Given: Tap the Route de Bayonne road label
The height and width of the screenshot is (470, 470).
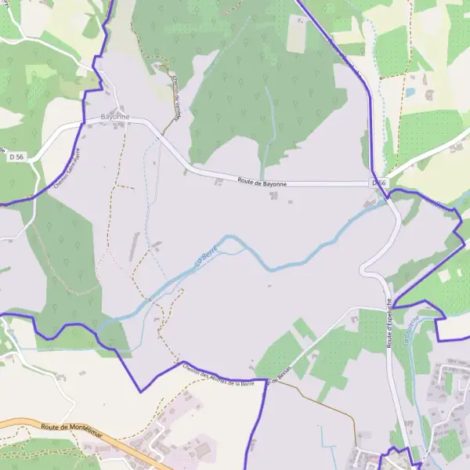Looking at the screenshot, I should click(x=262, y=183).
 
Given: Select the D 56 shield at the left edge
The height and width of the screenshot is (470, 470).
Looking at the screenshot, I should click(x=16, y=157).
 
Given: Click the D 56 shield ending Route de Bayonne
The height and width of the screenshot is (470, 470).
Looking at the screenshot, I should click(x=379, y=183).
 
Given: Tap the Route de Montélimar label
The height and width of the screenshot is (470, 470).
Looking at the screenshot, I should click(x=71, y=432).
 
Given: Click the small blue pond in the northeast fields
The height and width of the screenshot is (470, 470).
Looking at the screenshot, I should click(x=410, y=92).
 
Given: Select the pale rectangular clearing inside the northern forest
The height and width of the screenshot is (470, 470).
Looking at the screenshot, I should click(x=298, y=33).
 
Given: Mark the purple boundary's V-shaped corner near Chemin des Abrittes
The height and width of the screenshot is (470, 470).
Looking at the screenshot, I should click(x=140, y=391).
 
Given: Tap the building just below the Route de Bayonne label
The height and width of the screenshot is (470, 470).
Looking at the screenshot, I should click(x=273, y=195).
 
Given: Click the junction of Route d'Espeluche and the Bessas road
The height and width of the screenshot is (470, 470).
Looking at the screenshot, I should click(x=388, y=307).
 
